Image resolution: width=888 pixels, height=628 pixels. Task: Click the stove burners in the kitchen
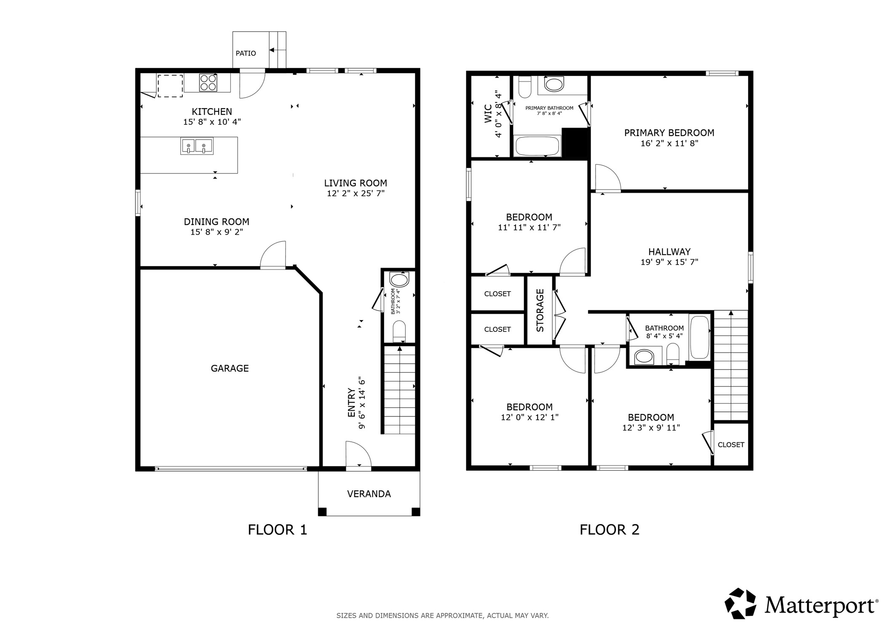(208, 83)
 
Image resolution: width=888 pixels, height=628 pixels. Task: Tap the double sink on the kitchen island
(197, 146)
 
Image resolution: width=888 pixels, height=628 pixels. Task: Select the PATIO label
(246, 53)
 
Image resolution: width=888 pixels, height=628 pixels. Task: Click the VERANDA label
(369, 494)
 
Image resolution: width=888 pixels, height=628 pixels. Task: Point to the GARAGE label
(230, 369)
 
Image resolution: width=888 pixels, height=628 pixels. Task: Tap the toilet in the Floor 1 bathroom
(399, 331)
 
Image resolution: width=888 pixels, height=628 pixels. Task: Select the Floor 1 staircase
(399, 390)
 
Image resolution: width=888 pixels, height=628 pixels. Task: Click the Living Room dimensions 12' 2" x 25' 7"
(356, 194)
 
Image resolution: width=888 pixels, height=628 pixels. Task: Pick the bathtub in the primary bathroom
(537, 146)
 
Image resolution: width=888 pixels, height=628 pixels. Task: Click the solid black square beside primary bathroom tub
(575, 142)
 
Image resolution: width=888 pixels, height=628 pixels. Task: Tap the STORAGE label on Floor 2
(540, 310)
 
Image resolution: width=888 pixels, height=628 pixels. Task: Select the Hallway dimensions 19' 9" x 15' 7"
(669, 262)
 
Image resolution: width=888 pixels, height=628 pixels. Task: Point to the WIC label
(488, 114)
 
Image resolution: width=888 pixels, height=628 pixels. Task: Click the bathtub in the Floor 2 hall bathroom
(699, 337)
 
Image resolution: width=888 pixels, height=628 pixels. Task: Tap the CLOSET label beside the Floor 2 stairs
(731, 445)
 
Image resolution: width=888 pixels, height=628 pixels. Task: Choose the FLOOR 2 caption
(609, 529)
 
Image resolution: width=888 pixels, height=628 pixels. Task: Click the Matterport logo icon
(740, 604)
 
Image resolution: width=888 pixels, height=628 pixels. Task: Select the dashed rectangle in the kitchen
(170, 86)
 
